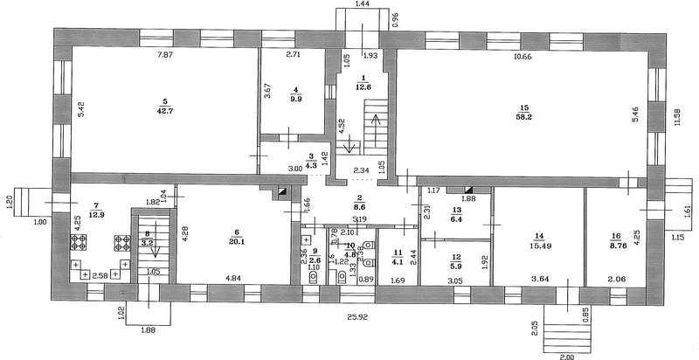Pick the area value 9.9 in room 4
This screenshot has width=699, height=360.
pos(295,99)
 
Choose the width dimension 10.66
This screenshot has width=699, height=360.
pos(522,56)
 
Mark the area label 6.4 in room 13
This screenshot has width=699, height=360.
pos(456,219)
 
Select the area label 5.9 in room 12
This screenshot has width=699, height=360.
pos(455,266)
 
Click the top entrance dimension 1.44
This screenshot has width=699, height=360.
pos(363,5)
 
